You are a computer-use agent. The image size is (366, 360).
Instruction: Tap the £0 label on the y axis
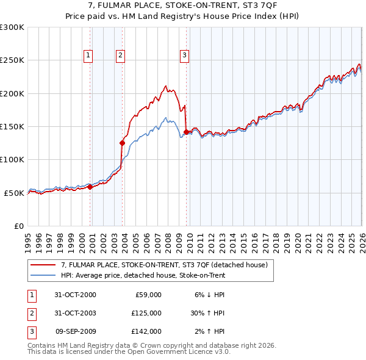point(18,226)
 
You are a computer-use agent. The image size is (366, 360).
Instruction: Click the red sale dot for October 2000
point(90,187)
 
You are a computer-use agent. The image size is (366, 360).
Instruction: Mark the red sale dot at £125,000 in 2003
point(122,143)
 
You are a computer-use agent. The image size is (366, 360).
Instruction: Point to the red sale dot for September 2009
point(185,131)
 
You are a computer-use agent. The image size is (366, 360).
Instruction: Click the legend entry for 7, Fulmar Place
point(164,265)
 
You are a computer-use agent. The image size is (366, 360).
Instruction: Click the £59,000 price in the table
point(147,295)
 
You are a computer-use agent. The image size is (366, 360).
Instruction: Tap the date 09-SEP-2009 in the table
point(76,331)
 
